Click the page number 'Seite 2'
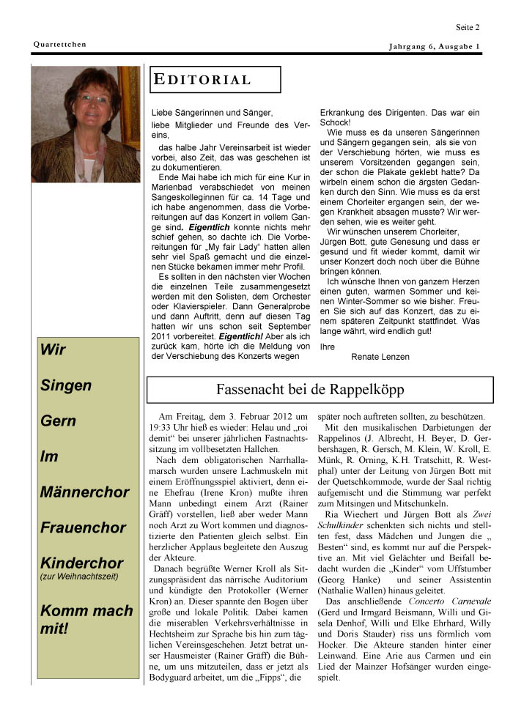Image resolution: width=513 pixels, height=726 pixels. [468, 28]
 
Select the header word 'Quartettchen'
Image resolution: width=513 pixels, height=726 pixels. [59, 45]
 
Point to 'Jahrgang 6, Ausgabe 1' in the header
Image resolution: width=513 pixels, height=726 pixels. [435, 47]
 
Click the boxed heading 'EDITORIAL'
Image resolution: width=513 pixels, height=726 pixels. [203, 80]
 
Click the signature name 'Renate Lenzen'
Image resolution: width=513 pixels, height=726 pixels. [380, 357]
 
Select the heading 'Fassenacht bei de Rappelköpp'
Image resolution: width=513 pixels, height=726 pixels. [310, 390]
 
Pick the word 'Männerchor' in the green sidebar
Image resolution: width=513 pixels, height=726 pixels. [84, 492]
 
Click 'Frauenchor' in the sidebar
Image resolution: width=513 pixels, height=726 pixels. [84, 527]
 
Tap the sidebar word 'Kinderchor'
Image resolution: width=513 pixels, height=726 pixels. [81, 563]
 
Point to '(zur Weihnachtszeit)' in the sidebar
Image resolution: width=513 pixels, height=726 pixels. [79, 577]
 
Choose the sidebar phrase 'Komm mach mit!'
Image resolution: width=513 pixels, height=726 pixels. [86, 619]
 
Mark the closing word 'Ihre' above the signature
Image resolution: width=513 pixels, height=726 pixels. [328, 346]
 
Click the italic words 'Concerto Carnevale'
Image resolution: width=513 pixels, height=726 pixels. [450, 601]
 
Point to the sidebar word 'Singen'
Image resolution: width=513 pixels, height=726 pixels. [66, 385]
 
